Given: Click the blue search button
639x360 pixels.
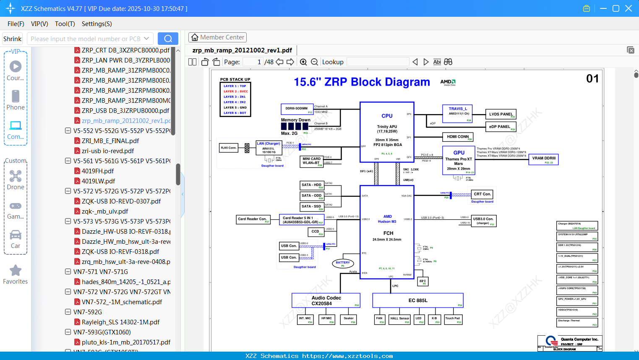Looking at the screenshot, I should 168,39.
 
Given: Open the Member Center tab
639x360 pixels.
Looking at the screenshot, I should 217,37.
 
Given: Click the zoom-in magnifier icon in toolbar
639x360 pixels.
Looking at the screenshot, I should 303,62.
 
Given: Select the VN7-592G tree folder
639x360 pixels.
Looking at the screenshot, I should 87,312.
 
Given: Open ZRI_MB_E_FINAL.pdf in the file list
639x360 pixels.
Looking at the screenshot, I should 110,141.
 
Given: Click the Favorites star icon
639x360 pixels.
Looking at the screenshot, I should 16,271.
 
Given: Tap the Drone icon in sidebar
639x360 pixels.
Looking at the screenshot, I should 16,176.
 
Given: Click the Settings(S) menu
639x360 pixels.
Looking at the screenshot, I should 97,24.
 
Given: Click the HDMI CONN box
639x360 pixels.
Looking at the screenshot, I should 458,137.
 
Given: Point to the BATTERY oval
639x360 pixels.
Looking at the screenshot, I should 343,263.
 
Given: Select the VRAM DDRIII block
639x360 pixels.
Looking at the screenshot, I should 543,159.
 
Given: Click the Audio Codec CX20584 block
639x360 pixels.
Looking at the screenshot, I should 326,300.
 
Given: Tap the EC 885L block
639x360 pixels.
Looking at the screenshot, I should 417,300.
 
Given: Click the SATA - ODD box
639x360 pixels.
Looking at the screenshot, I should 312,196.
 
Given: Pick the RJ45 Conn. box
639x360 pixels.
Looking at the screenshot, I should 229,148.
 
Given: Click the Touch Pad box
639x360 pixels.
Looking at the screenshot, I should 453,319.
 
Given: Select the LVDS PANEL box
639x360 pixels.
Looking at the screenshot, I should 501,114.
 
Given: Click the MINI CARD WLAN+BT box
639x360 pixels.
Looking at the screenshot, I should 311,161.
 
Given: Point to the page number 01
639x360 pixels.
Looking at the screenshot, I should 592,78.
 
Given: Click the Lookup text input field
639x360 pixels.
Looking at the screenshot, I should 378,62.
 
